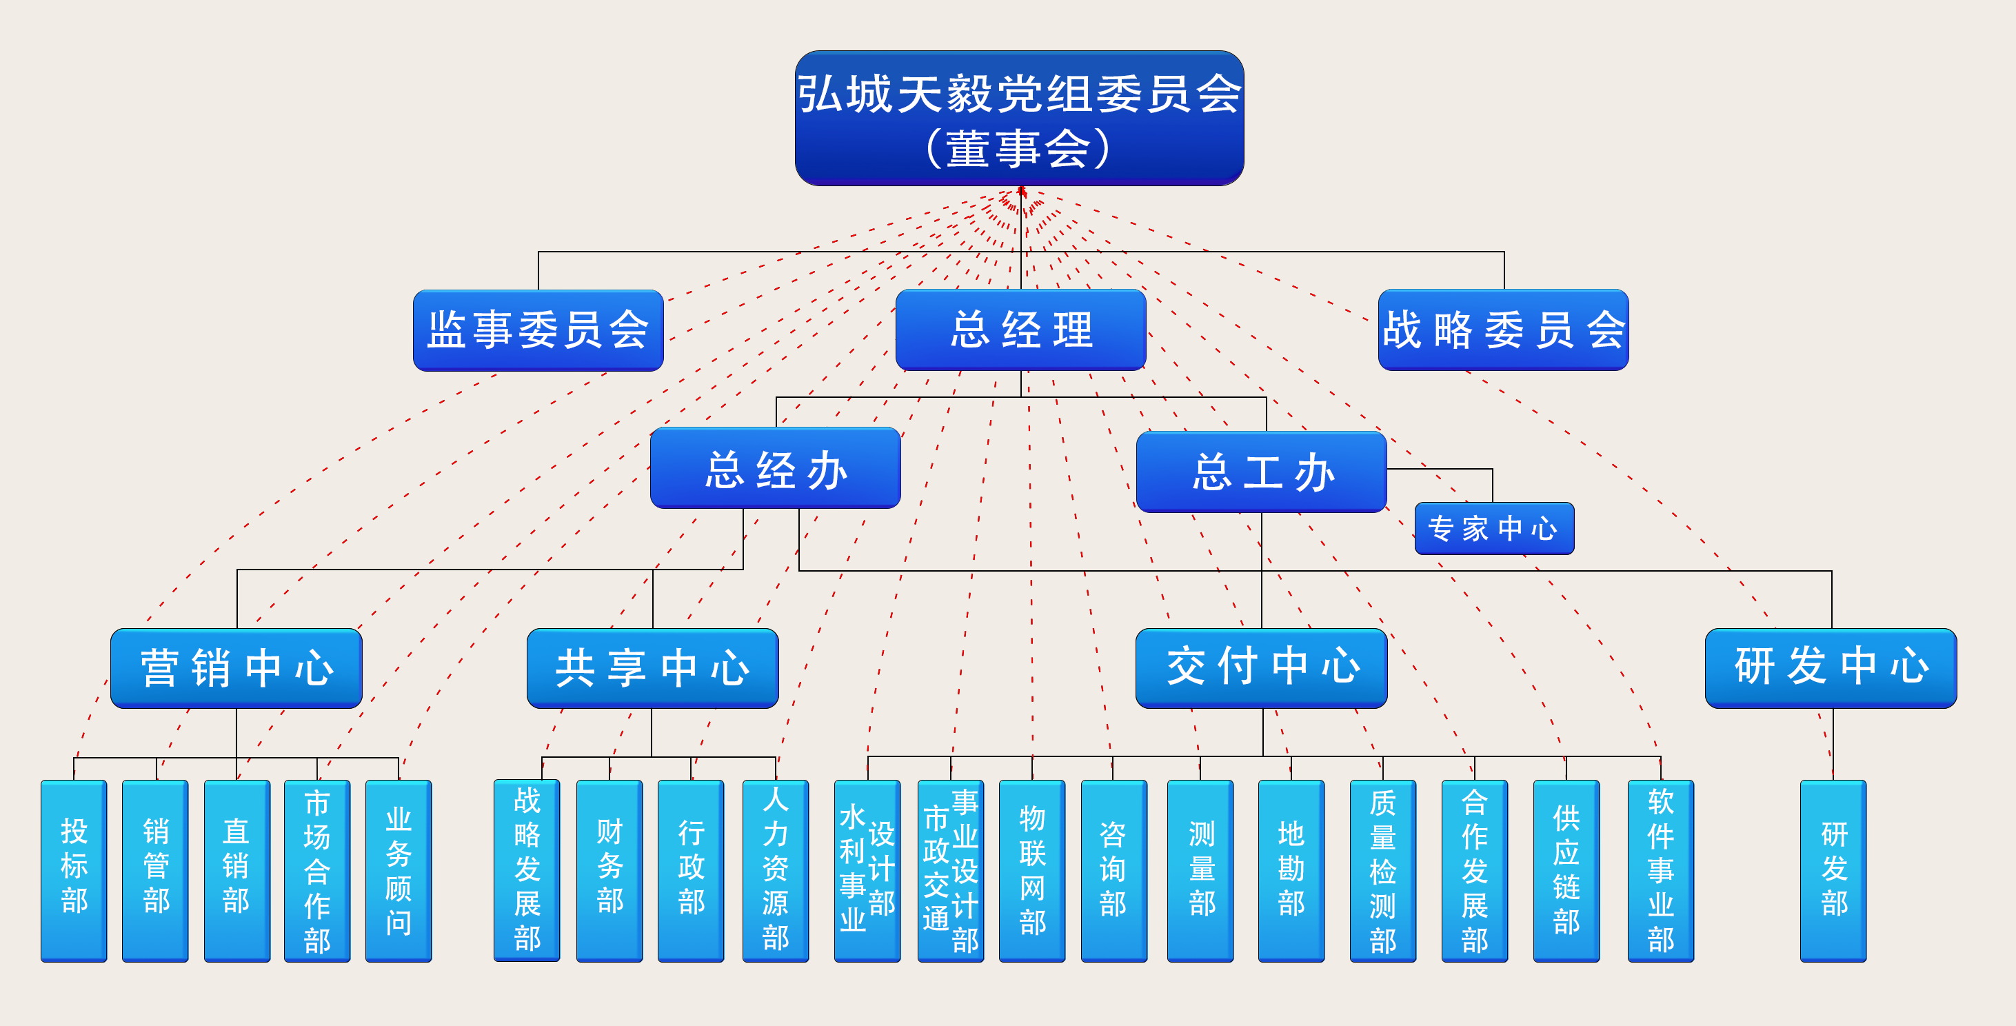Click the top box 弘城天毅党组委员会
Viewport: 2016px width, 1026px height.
(x=1019, y=118)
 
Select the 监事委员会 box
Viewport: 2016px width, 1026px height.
(x=538, y=330)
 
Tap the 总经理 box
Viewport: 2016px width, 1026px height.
(x=1020, y=330)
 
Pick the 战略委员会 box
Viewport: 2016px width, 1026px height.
(x=1504, y=330)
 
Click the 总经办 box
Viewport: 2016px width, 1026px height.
(x=776, y=468)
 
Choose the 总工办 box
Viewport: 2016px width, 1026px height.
(x=1262, y=472)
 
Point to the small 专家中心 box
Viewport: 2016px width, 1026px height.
(x=1494, y=528)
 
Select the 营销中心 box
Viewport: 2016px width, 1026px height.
(x=236, y=668)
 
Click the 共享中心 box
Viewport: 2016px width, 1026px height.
(x=653, y=668)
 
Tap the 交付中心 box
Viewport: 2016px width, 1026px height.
(x=1262, y=668)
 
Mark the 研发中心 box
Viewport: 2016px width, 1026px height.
(x=1831, y=668)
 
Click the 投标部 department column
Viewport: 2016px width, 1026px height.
(x=74, y=870)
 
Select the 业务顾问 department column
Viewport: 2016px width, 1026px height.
(x=399, y=870)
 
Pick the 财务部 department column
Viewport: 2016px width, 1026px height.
(x=609, y=870)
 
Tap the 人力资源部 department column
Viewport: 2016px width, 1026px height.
(x=776, y=870)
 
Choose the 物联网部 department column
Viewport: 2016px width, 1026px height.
(x=1032, y=870)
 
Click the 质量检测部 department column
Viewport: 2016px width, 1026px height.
(x=1383, y=870)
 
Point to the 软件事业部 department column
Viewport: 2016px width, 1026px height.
(x=1661, y=870)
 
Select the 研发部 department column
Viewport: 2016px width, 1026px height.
(x=1834, y=870)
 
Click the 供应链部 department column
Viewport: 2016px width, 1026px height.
(x=1566, y=870)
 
